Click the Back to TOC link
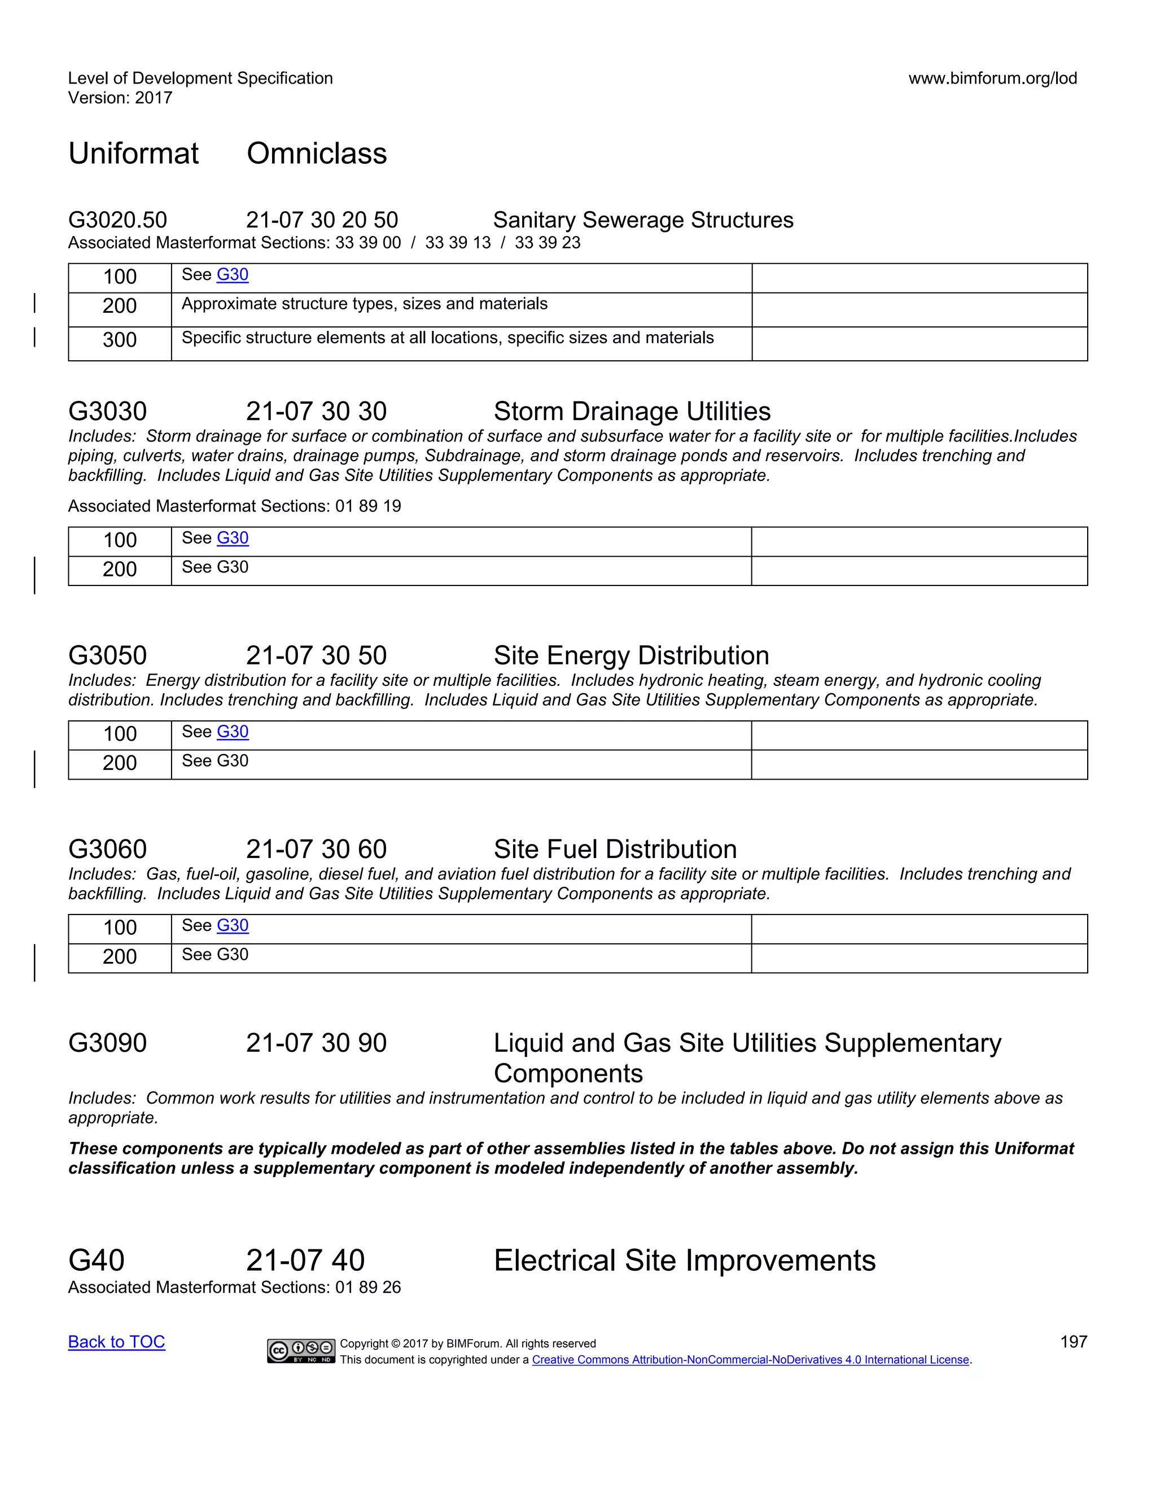coord(116,1342)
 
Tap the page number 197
coord(1073,1342)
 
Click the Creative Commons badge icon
coord(301,1350)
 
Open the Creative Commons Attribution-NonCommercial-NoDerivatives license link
coord(751,1360)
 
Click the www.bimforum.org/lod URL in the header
coord(992,78)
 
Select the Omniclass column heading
coord(317,154)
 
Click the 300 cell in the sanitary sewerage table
coord(120,340)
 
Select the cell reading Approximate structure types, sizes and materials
coord(364,304)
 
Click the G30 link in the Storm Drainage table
coord(232,539)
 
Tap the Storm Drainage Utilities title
coord(632,412)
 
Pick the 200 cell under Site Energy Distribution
coord(120,763)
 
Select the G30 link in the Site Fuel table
coord(232,925)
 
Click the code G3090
coord(107,1043)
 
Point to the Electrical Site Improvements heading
coord(684,1261)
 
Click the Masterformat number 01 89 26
coord(368,1287)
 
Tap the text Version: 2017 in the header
coord(120,98)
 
